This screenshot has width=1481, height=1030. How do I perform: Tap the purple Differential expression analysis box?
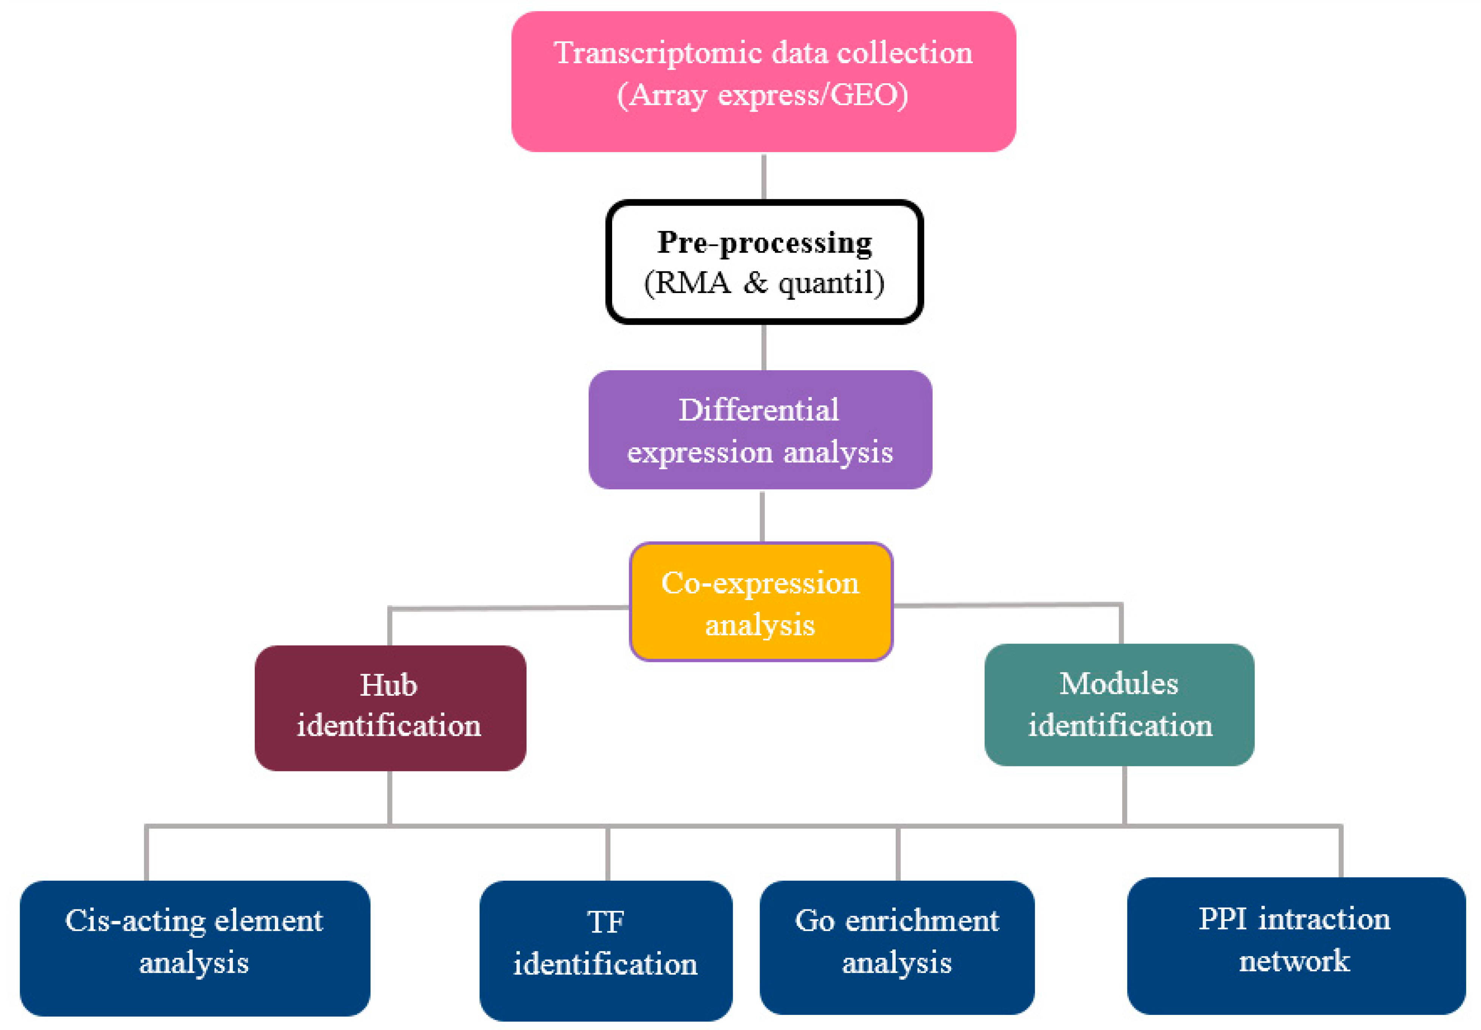point(760,430)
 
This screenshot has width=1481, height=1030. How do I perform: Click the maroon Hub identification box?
point(390,707)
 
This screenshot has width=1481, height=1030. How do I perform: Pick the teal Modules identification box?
point(1119,704)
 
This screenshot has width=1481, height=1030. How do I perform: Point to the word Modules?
point(1118,684)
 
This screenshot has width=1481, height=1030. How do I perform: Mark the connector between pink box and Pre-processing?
point(764,177)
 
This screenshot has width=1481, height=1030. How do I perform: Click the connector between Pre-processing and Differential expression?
point(764,347)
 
